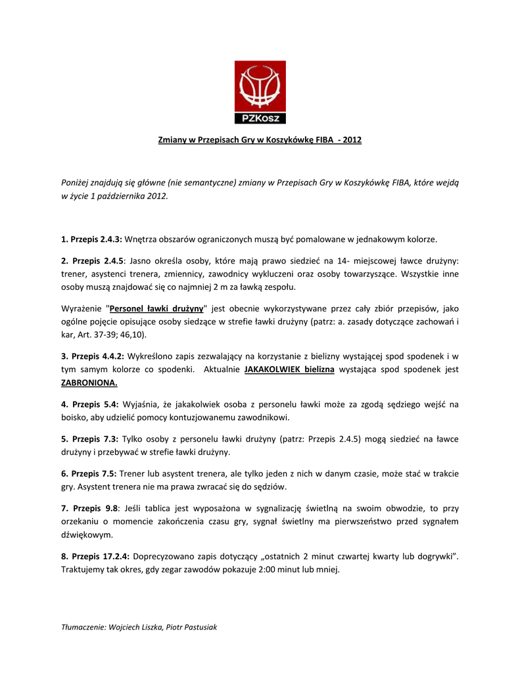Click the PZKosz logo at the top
pyautogui.click(x=260, y=92)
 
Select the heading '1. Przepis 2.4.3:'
pyautogui.click(x=92, y=239)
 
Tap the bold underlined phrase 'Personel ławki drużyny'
pyautogui.click(x=156, y=308)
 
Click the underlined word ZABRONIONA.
pyautogui.click(x=89, y=383)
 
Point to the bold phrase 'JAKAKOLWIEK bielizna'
pyautogui.click(x=289, y=370)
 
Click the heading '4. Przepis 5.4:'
pyautogui.click(x=90, y=404)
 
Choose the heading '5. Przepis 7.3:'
pyautogui.click(x=90, y=438)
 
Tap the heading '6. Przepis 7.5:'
pyautogui.click(x=90, y=473)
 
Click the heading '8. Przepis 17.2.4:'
pyautogui.click(x=95, y=556)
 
